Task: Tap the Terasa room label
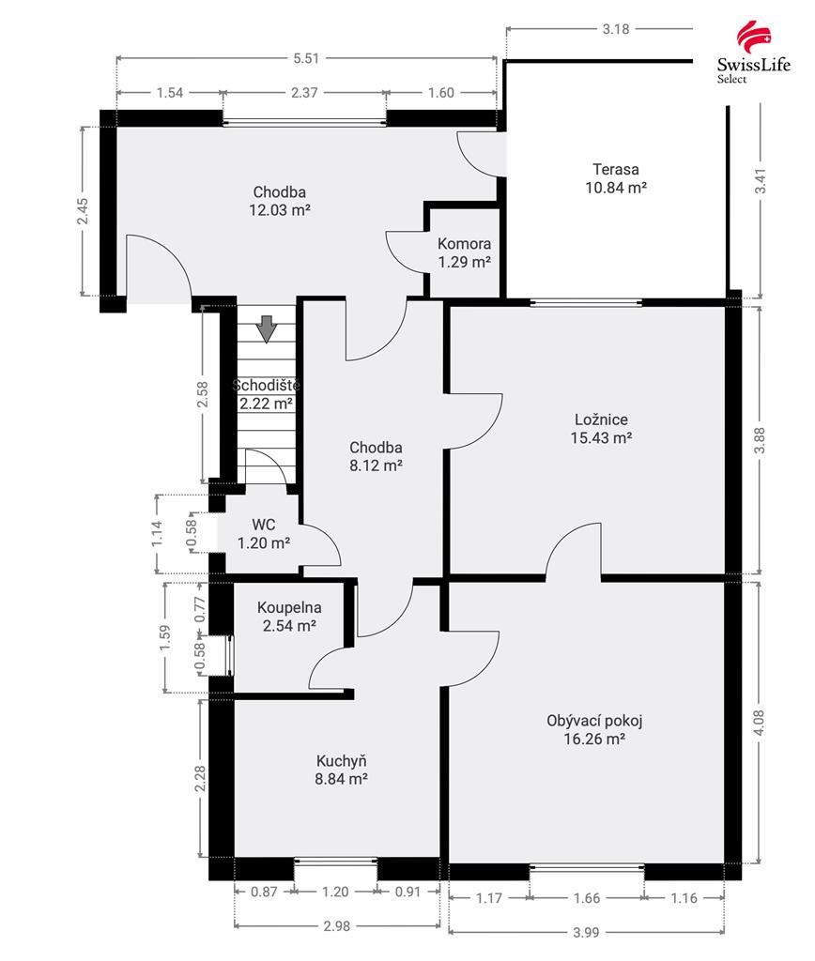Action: pyautogui.click(x=616, y=169)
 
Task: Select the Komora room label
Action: pyautogui.click(x=464, y=243)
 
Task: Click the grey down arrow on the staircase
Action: pyautogui.click(x=267, y=328)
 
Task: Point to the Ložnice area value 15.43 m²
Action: pyautogui.click(x=601, y=437)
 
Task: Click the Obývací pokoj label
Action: pyautogui.click(x=594, y=721)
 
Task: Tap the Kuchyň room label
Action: pyautogui.click(x=342, y=761)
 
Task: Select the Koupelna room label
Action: pyautogui.click(x=289, y=607)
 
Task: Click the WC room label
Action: pyautogui.click(x=264, y=525)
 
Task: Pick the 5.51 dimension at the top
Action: pyautogui.click(x=306, y=58)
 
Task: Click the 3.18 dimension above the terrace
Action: pyautogui.click(x=615, y=29)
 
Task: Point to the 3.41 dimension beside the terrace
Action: pyautogui.click(x=761, y=181)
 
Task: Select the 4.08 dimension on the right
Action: pyautogui.click(x=760, y=724)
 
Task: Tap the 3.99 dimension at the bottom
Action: pyautogui.click(x=586, y=932)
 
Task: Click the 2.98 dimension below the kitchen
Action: pyautogui.click(x=337, y=926)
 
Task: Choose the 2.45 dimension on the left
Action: pyautogui.click(x=83, y=210)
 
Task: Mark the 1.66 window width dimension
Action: pyautogui.click(x=586, y=898)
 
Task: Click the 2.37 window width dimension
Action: pyautogui.click(x=304, y=93)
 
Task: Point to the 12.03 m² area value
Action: pyautogui.click(x=280, y=209)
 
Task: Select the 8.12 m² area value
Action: pyautogui.click(x=376, y=465)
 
